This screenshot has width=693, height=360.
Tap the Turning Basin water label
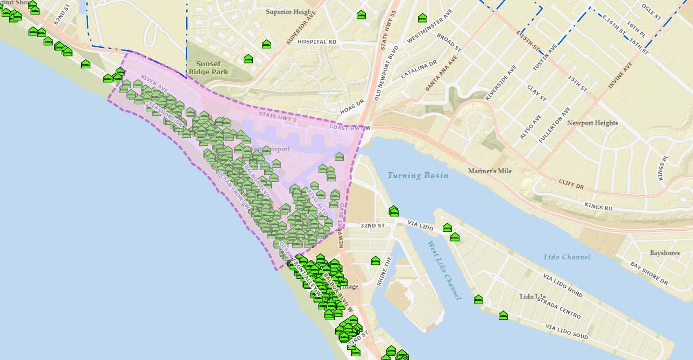[418, 175]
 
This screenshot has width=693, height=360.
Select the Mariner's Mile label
[490, 171]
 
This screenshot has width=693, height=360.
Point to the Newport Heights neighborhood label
[592, 123]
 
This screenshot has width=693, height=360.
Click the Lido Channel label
[567, 257]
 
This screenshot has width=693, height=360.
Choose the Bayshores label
[664, 253]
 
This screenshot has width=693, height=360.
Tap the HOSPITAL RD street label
[316, 41]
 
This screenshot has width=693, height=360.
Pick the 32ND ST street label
[373, 225]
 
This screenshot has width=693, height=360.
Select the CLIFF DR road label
[571, 184]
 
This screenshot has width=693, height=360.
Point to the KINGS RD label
[598, 206]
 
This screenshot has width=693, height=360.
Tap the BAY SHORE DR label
[649, 272]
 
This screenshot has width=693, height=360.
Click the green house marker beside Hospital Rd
[266, 44]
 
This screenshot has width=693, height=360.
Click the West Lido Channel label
[445, 270]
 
